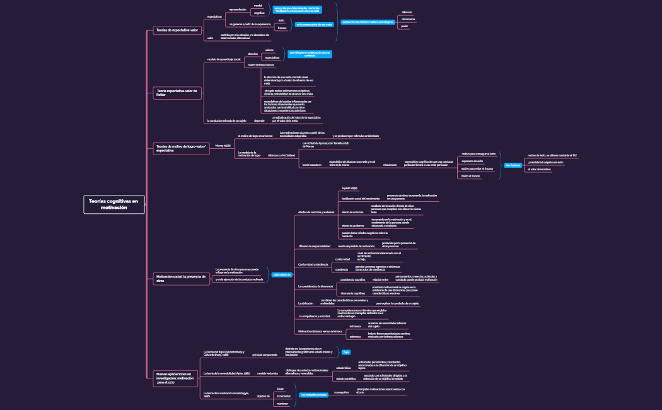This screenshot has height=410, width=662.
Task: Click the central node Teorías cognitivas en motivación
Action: click(114, 204)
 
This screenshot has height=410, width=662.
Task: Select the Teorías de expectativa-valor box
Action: click(177, 30)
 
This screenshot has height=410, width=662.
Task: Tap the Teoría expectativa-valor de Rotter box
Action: click(177, 93)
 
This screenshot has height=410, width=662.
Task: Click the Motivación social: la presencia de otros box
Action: click(181, 278)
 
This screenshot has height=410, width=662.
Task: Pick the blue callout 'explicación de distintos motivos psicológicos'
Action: click(368, 22)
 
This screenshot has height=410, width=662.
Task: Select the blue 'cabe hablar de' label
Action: click(281, 274)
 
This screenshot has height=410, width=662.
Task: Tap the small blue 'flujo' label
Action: click(346, 352)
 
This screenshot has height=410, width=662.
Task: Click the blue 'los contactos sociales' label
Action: click(313, 395)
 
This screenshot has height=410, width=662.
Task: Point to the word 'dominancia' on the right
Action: click(409, 20)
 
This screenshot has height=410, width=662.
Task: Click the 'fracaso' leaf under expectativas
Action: click(282, 28)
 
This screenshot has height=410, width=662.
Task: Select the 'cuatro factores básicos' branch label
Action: click(260, 65)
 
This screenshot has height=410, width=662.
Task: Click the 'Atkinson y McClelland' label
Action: click(281, 155)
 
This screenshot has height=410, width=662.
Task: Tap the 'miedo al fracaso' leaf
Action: click(470, 176)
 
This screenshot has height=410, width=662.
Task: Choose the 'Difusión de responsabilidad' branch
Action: click(314, 246)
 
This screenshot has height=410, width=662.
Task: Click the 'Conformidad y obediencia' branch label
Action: click(313, 264)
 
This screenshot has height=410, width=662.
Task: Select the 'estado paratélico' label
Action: click(346, 378)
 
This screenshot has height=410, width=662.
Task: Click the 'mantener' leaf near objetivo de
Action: click(282, 404)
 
